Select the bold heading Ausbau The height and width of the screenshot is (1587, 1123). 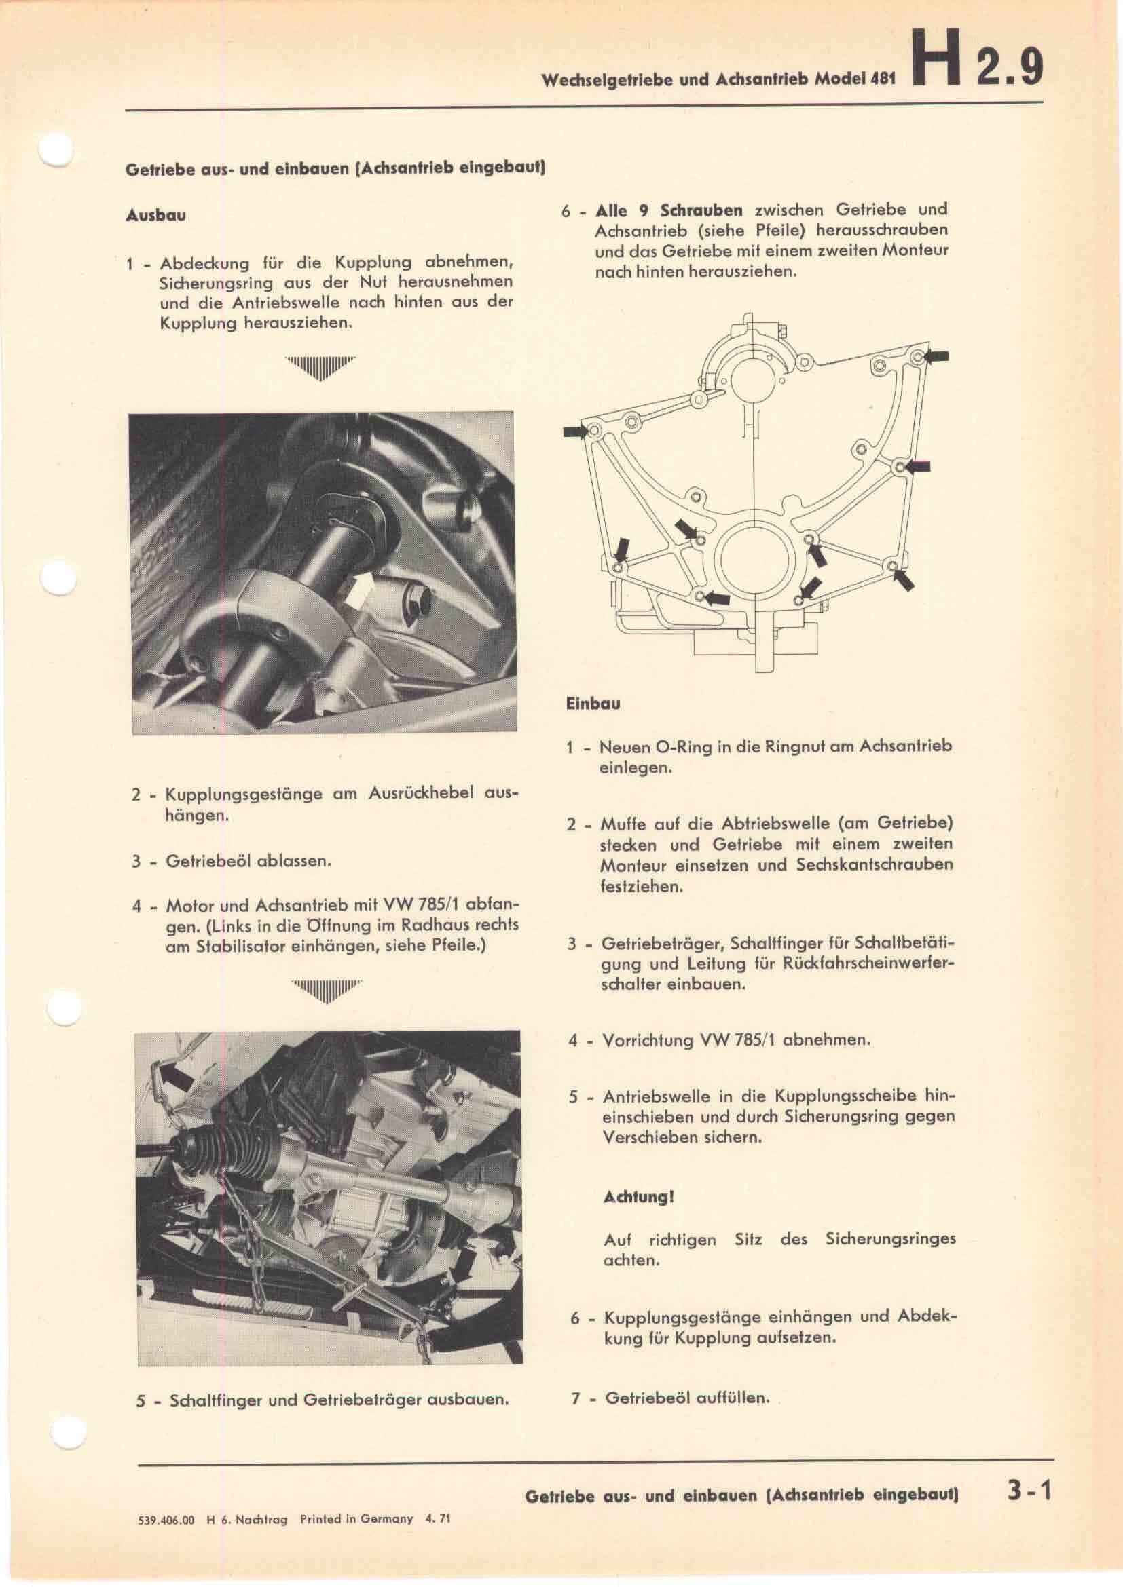pos(155,215)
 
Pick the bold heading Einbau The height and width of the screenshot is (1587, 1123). pos(593,704)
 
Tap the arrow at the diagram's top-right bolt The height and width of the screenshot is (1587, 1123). pos(936,357)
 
